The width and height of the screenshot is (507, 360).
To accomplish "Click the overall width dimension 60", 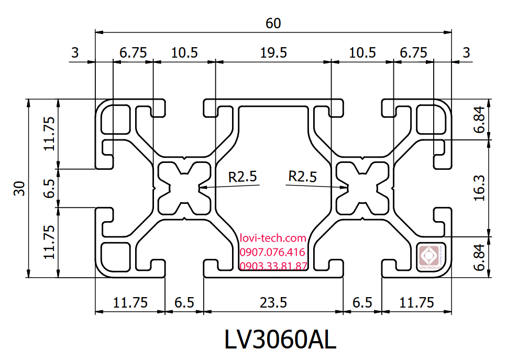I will (x=273, y=23).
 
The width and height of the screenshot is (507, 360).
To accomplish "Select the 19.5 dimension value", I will (x=273, y=52).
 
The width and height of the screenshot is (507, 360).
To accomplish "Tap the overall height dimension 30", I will (x=19, y=188).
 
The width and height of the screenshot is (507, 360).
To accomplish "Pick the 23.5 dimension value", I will (x=273, y=303).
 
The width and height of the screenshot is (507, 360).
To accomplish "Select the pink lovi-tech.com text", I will (x=272, y=238).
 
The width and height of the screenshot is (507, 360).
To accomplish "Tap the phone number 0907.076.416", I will (x=272, y=252).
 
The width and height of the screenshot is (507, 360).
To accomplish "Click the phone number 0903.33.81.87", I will (x=273, y=266).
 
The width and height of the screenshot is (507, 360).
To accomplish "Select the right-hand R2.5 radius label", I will (x=303, y=177).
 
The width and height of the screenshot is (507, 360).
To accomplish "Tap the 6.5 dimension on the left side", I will (x=49, y=188).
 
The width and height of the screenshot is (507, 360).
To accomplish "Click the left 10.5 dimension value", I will (x=184, y=52).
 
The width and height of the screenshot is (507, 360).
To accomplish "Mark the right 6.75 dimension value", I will (x=414, y=52).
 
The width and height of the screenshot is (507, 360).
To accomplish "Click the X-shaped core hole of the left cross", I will (x=183, y=188).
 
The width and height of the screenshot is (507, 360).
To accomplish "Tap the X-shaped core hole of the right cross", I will (x=362, y=188).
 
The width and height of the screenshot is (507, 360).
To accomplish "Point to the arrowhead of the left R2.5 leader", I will (x=201, y=187).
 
